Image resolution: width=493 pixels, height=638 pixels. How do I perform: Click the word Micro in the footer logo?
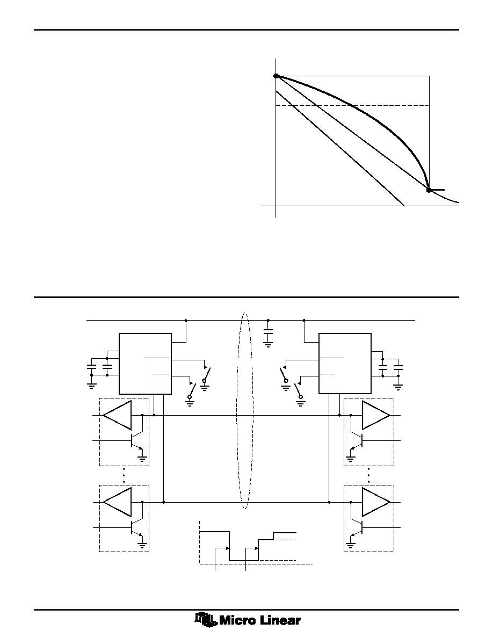(x=236, y=620)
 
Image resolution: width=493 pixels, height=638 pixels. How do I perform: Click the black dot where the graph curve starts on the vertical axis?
(x=276, y=76)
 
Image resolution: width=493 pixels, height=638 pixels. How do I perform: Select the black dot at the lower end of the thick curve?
(x=429, y=190)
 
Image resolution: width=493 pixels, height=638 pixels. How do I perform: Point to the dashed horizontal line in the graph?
(x=353, y=105)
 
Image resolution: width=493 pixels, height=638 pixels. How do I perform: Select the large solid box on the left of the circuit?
(x=145, y=364)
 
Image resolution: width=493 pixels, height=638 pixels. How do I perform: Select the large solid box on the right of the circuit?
(x=345, y=364)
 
